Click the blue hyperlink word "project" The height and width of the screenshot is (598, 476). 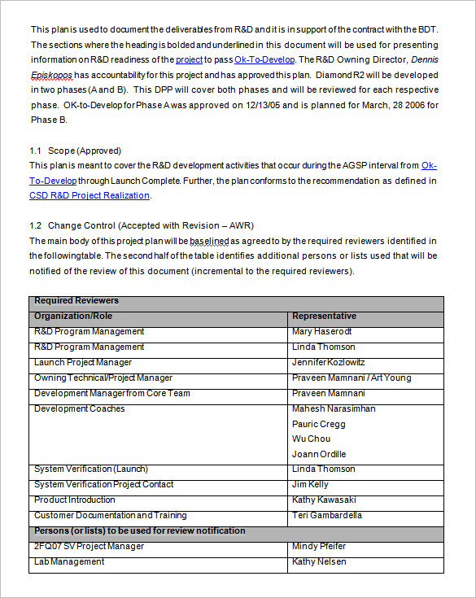point(189,59)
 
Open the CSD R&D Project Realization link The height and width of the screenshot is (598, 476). point(90,195)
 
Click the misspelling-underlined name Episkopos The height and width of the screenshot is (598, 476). point(51,75)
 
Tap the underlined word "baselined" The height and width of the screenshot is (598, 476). point(210,241)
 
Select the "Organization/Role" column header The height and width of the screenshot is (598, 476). point(73,316)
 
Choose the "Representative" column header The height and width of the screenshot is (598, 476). point(324,316)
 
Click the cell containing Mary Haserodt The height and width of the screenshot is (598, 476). point(322,331)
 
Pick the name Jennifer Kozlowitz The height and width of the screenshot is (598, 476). point(329,362)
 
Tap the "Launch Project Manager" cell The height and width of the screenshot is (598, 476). point(82,362)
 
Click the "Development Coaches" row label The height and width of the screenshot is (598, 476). point(79,408)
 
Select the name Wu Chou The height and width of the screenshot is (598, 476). point(311,439)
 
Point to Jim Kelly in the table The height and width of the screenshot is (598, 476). point(311,484)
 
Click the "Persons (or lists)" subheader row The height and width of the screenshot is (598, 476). point(139,530)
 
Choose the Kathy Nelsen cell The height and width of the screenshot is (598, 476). point(319,561)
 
